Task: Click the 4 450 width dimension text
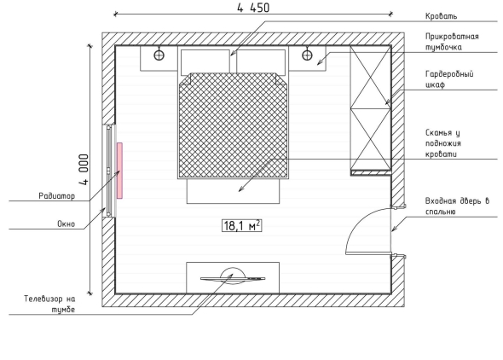tap(253, 8)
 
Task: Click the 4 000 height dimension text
tap(84, 170)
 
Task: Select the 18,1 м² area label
tap(241, 225)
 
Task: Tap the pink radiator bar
tap(119, 171)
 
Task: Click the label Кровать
tap(441, 16)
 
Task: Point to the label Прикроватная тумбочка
tap(452, 42)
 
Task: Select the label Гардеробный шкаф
tap(449, 79)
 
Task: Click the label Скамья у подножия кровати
tap(443, 143)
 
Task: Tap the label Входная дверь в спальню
tap(457, 206)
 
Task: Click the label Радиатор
tap(57, 195)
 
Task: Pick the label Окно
tap(66, 224)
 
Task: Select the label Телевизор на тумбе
tap(49, 305)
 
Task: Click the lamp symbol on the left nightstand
tap(159, 55)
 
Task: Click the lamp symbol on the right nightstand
tap(307, 55)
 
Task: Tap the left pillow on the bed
tap(205, 62)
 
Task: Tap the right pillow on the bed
tap(261, 62)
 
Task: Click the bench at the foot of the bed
tap(234, 191)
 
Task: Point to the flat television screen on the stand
tap(233, 278)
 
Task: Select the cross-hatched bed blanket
tap(233, 125)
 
